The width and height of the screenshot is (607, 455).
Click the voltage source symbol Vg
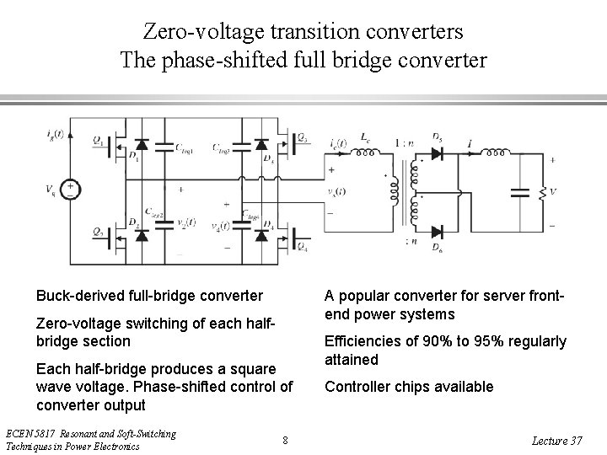71,189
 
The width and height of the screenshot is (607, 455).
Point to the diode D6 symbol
436,231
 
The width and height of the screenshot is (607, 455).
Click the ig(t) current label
55,133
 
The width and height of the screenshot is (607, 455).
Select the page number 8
286,440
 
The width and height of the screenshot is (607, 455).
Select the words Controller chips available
409,387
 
